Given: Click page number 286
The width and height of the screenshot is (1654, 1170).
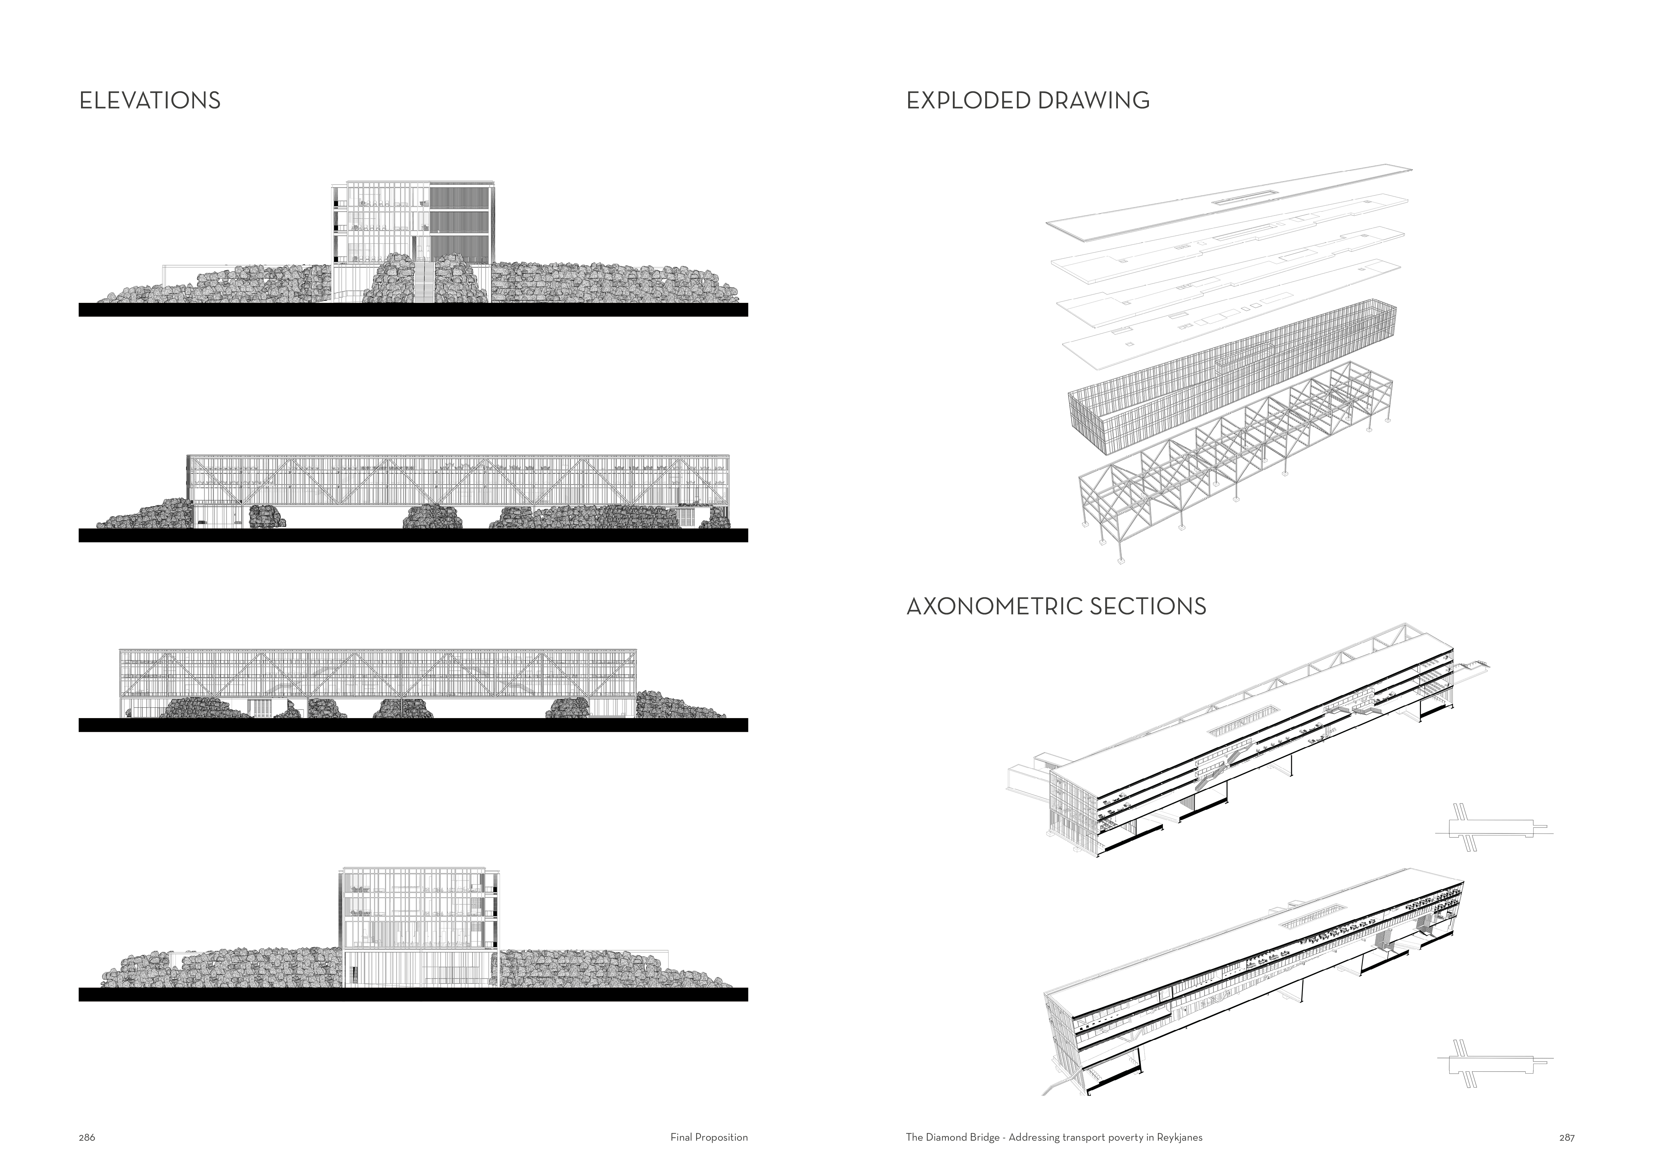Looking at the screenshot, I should tap(86, 1138).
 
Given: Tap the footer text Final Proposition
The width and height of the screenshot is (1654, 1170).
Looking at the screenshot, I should tap(709, 1138).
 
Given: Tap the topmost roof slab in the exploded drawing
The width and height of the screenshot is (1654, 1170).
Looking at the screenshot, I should tap(1225, 198).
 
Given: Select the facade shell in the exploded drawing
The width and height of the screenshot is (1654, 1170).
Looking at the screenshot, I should tap(1225, 375).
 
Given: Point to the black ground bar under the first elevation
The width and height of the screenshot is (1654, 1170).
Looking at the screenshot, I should tap(413, 310).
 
